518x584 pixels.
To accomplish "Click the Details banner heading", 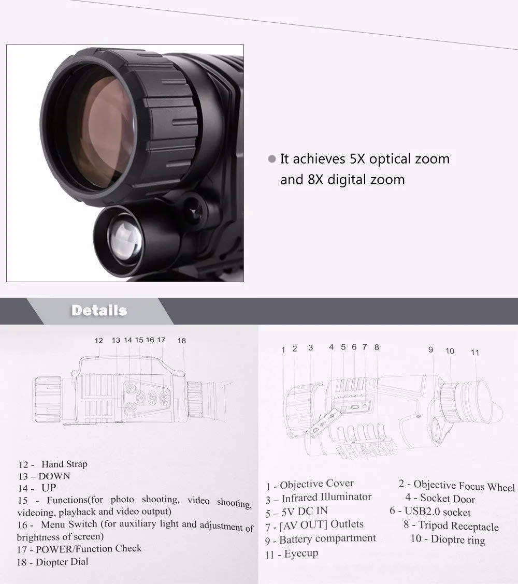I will pyautogui.click(x=99, y=311).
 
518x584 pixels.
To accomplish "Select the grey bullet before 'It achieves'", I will pyautogui.click(x=271, y=159).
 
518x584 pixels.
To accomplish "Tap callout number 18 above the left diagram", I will pyautogui.click(x=181, y=341).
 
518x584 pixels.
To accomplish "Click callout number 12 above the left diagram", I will pyautogui.click(x=99, y=341).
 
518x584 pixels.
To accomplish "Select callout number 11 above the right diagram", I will pyautogui.click(x=475, y=353).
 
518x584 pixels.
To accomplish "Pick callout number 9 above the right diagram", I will pyautogui.click(x=430, y=349).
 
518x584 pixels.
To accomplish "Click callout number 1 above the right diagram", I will pyautogui.click(x=283, y=349).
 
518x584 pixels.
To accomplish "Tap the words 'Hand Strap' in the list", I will pyautogui.click(x=64, y=464).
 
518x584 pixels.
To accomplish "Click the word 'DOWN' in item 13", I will pyautogui.click(x=54, y=476).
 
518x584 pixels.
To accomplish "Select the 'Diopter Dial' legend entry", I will pyautogui.click(x=62, y=562).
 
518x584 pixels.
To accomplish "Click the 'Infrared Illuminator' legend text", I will pyautogui.click(x=326, y=498).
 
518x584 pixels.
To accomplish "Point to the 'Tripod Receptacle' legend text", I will pyautogui.click(x=458, y=526).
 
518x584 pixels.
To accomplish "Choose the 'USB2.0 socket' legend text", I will pyautogui.click(x=438, y=512).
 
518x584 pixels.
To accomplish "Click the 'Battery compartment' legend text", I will pyautogui.click(x=327, y=539).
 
